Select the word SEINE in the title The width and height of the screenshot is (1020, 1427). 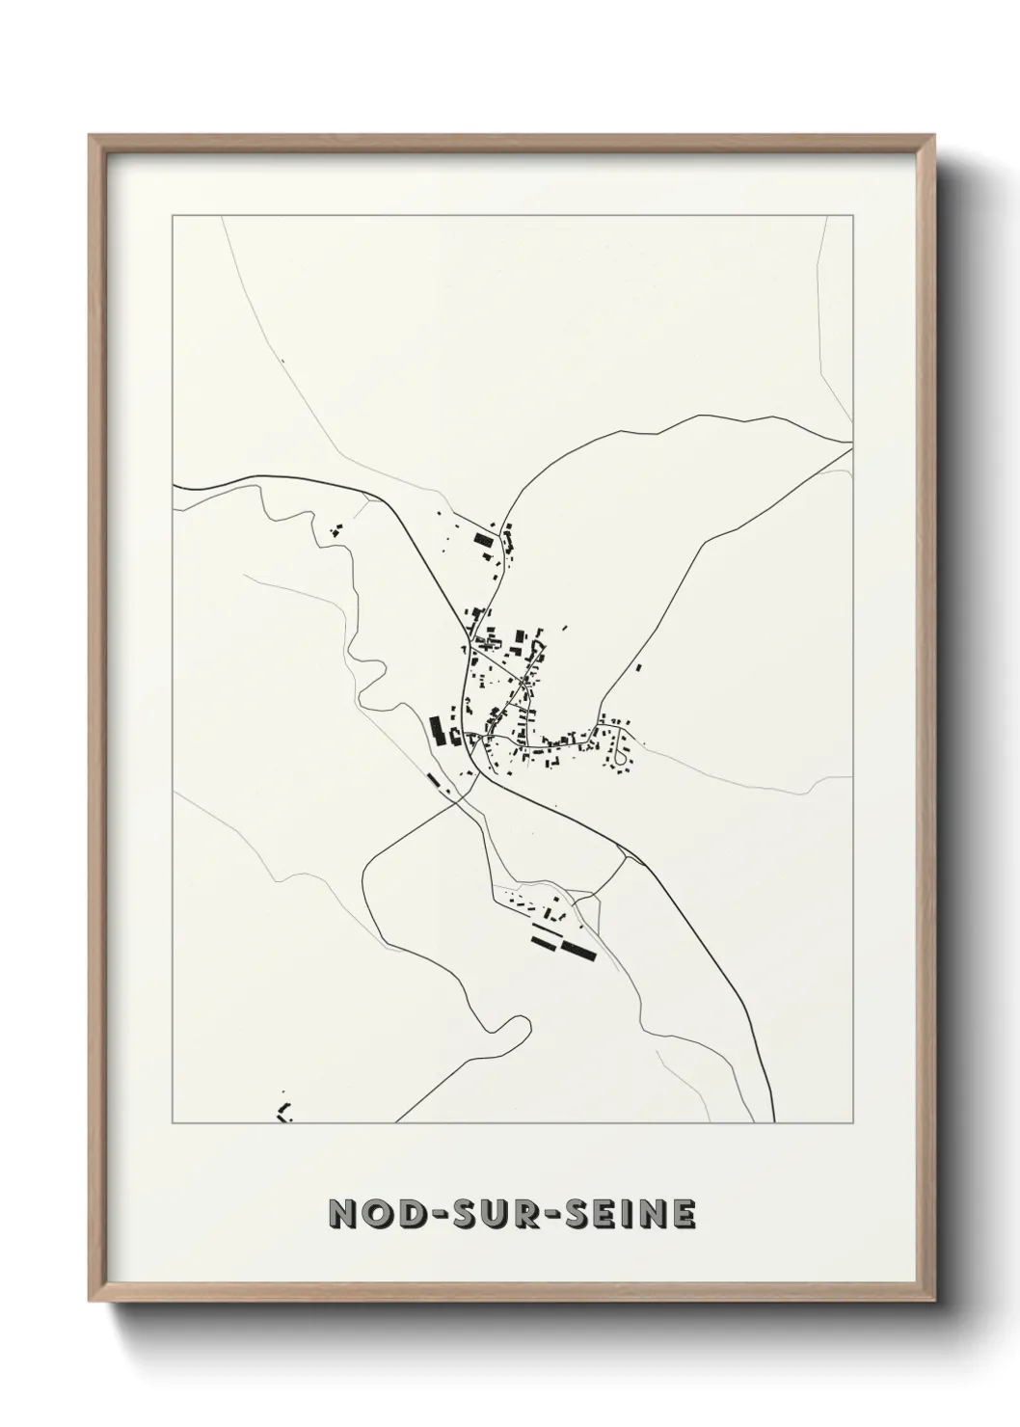point(621,1215)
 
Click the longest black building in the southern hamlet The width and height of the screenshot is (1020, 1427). point(577,951)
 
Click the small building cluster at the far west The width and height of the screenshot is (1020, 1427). point(336,529)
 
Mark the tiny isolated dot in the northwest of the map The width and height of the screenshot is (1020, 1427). point(283,361)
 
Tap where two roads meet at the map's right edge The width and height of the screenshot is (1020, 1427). point(850,444)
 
